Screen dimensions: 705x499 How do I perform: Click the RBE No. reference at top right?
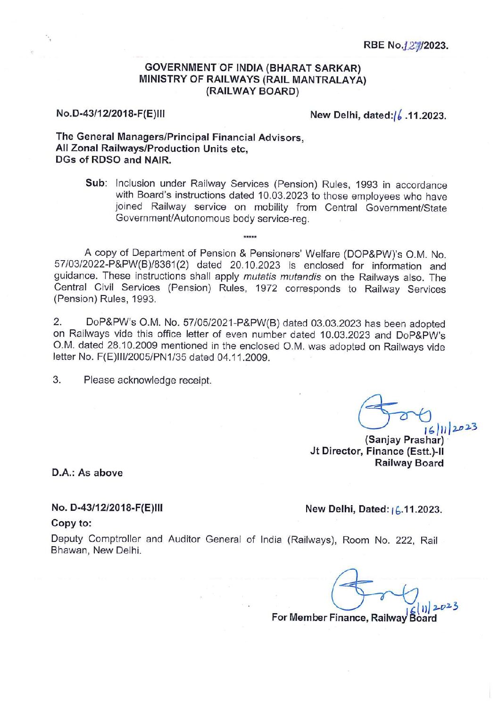[405, 45]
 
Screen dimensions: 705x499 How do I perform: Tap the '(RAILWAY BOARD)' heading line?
[253, 91]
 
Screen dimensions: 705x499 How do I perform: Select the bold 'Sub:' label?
[97, 183]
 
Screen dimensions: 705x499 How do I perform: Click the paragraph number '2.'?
[58, 323]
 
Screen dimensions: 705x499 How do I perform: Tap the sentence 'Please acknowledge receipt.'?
[148, 380]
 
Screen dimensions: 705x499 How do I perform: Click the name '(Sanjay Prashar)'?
[405, 440]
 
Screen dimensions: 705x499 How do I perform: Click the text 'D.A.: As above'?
[87, 473]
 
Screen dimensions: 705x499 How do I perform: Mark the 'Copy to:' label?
[71, 523]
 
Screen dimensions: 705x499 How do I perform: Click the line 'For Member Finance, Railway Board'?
[354, 617]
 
